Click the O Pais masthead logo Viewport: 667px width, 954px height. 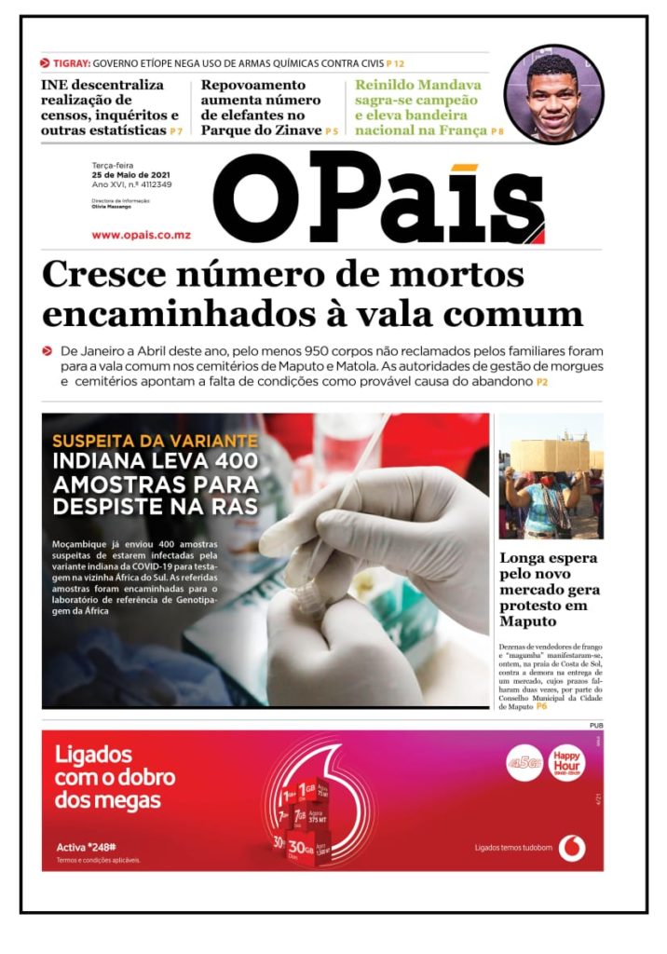pyautogui.click(x=377, y=198)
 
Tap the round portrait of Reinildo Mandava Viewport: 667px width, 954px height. pyautogui.click(x=553, y=94)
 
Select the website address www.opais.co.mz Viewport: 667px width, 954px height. pyautogui.click(x=141, y=235)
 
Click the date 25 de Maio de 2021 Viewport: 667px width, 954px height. pyautogui.click(x=130, y=174)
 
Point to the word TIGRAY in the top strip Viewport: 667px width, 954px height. pyautogui.click(x=71, y=63)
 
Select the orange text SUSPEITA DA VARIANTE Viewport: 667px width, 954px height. pyautogui.click(x=155, y=440)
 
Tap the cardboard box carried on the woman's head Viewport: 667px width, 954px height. pyautogui.click(x=550, y=455)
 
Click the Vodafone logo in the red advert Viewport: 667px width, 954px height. pyautogui.click(x=572, y=847)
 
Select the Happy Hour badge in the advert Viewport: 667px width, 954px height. pyautogui.click(x=566, y=761)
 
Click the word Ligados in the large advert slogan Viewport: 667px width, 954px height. pyautogui.click(x=93, y=754)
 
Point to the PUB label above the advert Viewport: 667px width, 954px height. pyautogui.click(x=595, y=725)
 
